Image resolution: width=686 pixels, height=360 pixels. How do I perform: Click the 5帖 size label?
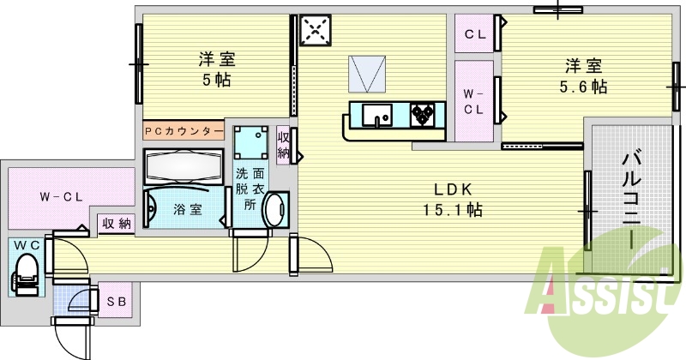coord(215,80)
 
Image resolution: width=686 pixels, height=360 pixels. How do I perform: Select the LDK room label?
coord(453,190)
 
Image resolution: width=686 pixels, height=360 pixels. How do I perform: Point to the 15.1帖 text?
coord(452,210)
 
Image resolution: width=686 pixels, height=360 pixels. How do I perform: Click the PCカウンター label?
coord(184,131)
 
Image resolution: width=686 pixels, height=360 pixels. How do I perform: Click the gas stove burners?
coord(424,114)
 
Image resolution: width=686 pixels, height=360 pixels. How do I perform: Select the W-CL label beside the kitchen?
coord(474,101)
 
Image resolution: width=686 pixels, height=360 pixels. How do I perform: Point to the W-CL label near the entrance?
coord(60,196)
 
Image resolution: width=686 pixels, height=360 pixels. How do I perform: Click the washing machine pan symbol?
coord(250,143)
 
